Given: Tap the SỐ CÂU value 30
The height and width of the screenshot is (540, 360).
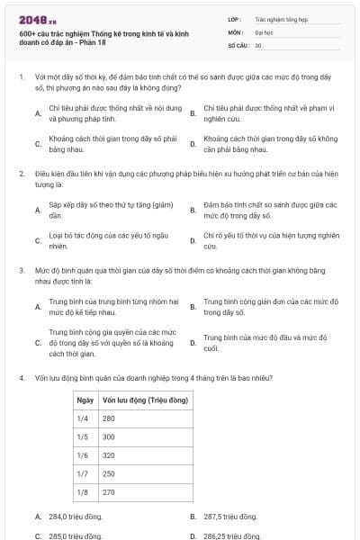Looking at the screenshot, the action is (258, 45).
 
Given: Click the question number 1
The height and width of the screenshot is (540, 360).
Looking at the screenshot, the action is (21, 77).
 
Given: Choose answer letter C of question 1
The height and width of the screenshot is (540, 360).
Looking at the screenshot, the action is (37, 143).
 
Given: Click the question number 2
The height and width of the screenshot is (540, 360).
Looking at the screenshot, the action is (21, 172).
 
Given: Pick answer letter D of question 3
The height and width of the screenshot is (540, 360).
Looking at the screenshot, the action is (193, 343).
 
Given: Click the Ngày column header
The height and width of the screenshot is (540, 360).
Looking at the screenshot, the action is (85, 399).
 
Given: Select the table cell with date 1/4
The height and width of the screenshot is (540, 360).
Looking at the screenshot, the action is (83, 418).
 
